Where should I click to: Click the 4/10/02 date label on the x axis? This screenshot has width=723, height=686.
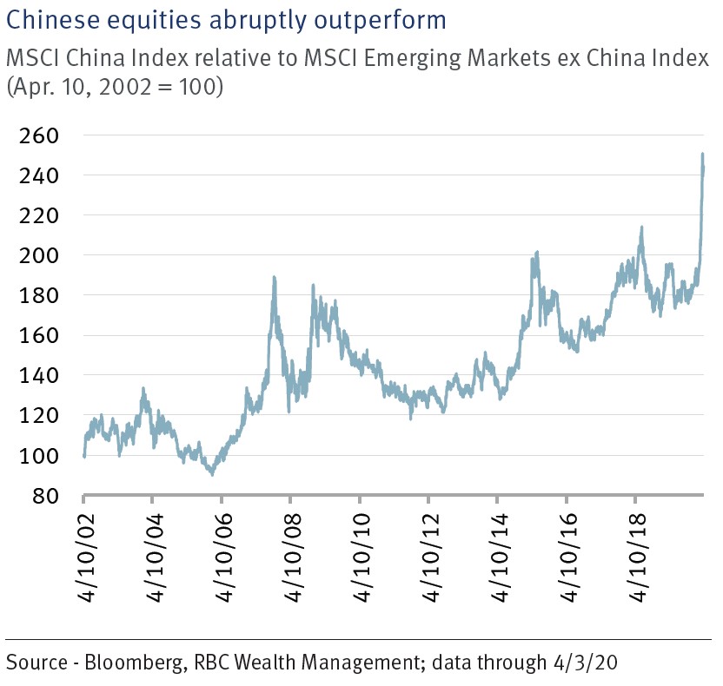pyautogui.click(x=84, y=551)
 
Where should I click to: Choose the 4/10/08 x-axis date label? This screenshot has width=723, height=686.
pyautogui.click(x=291, y=551)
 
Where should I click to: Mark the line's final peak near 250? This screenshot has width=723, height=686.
pyautogui.click(x=702, y=155)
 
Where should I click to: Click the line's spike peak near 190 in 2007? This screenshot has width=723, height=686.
pyautogui.click(x=275, y=277)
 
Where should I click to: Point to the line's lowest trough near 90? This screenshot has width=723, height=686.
pyautogui.click(x=212, y=474)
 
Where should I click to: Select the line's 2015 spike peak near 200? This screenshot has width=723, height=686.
pyautogui.click(x=537, y=252)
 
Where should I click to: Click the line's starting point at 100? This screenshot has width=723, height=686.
pyautogui.click(x=84, y=455)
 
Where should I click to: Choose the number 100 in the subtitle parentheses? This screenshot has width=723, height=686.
pyautogui.click(x=199, y=88)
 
